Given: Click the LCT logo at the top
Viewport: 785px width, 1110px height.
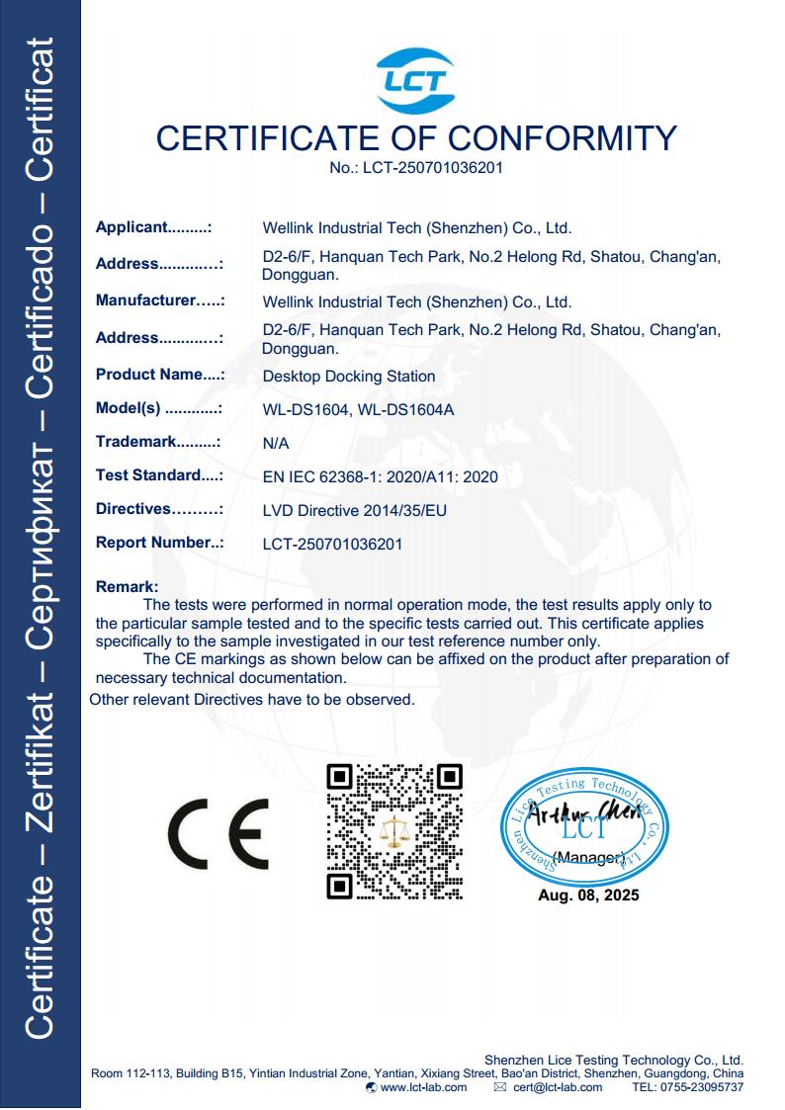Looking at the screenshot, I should [415, 80].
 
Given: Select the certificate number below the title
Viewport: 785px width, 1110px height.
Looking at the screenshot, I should [416, 168].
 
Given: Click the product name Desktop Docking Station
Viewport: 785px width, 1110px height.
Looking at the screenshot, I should [349, 376].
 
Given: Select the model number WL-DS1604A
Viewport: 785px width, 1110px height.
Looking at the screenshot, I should [406, 410].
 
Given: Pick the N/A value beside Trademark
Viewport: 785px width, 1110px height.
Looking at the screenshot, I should [276, 444].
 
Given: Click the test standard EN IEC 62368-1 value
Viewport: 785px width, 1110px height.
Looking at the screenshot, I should [380, 477].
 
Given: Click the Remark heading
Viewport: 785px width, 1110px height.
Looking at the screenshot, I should [127, 587].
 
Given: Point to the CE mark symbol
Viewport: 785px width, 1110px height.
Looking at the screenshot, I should [218, 831].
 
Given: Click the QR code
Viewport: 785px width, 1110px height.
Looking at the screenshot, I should [394, 831].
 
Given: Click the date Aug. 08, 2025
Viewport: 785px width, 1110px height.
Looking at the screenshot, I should [588, 896].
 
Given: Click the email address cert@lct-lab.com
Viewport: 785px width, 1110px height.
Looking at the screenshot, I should [558, 1087].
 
